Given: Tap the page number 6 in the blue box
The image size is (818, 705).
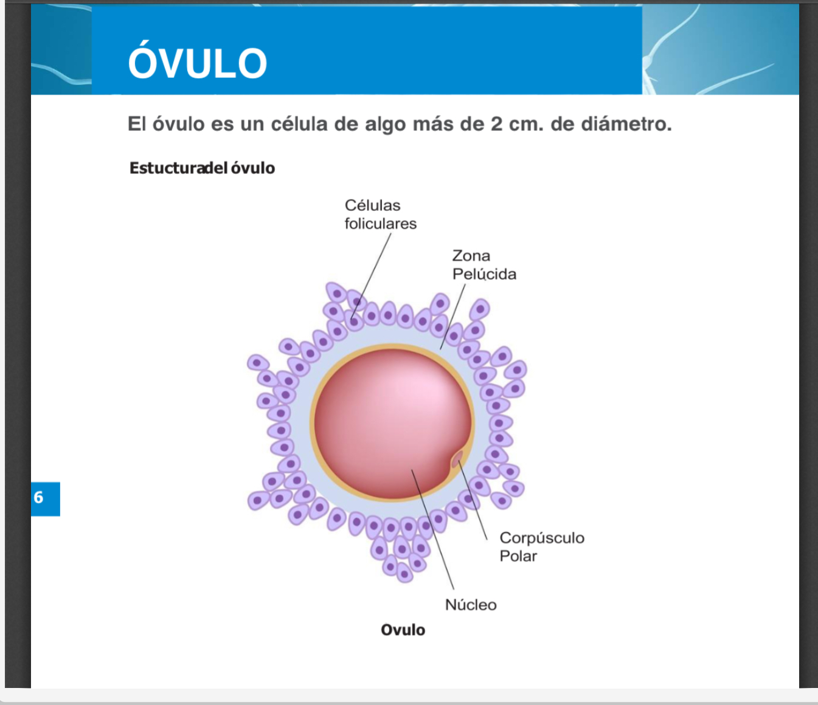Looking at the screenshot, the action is point(38,497).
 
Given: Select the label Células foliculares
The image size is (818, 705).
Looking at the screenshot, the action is point(380,215).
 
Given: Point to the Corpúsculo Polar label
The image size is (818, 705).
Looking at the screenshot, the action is point(542,547).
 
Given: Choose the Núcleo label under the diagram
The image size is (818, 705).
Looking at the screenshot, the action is point(471,605).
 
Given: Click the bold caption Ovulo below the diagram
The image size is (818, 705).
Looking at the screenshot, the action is point(403,630).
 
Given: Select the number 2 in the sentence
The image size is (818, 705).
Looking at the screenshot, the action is point(496,124).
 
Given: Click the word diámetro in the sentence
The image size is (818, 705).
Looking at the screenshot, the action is point(626,124).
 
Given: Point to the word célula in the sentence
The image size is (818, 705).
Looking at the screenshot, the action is point(299,124).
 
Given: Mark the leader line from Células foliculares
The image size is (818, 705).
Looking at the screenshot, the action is point(371,277).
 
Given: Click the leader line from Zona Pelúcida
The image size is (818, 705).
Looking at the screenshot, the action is point(452,317).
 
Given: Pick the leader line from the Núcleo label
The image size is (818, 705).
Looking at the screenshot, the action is point(432,529).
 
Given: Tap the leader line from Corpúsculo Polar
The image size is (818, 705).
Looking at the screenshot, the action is point(473,500).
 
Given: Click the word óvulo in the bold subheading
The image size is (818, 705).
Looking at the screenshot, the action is point(253,168).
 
